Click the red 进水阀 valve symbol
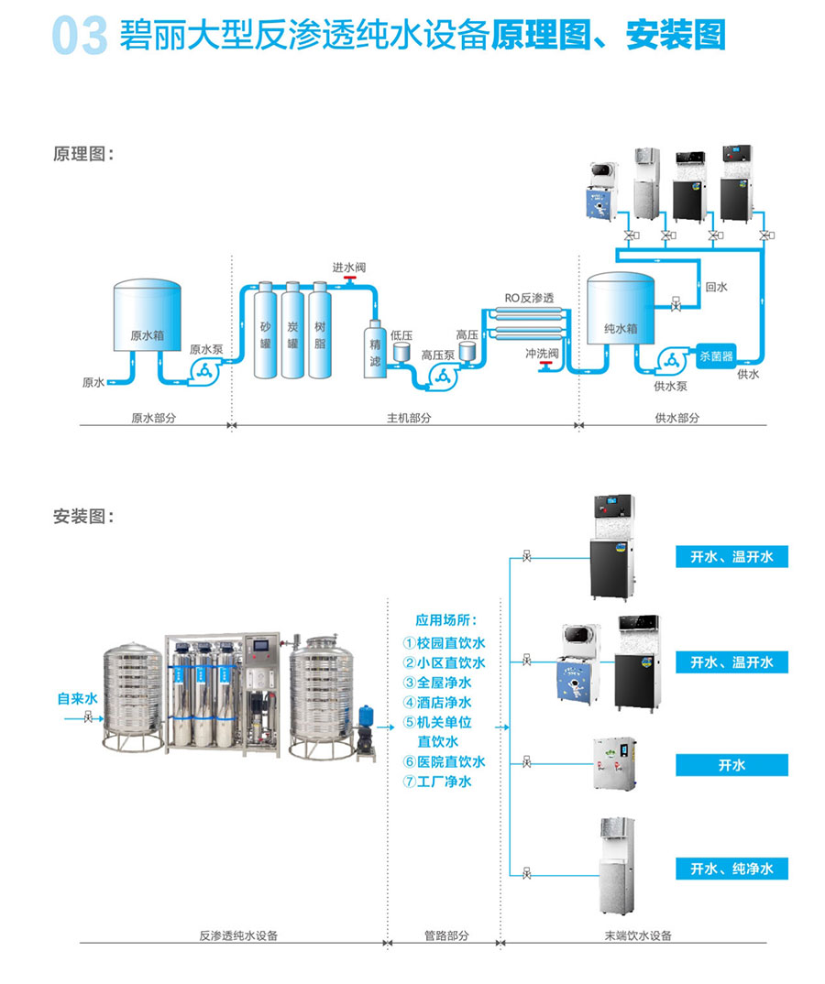pyautogui.click(x=350, y=281)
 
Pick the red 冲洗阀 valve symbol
pyautogui.click(x=546, y=366)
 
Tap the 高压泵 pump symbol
pyautogui.click(x=441, y=376)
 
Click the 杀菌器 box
pyautogui.click(x=716, y=356)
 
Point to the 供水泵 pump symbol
pyautogui.click(x=671, y=361)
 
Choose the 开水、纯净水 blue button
pyautogui.click(x=731, y=869)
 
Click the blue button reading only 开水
pyautogui.click(x=731, y=765)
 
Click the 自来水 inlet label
pyautogui.click(x=77, y=699)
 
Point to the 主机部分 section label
pyautogui.click(x=408, y=418)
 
